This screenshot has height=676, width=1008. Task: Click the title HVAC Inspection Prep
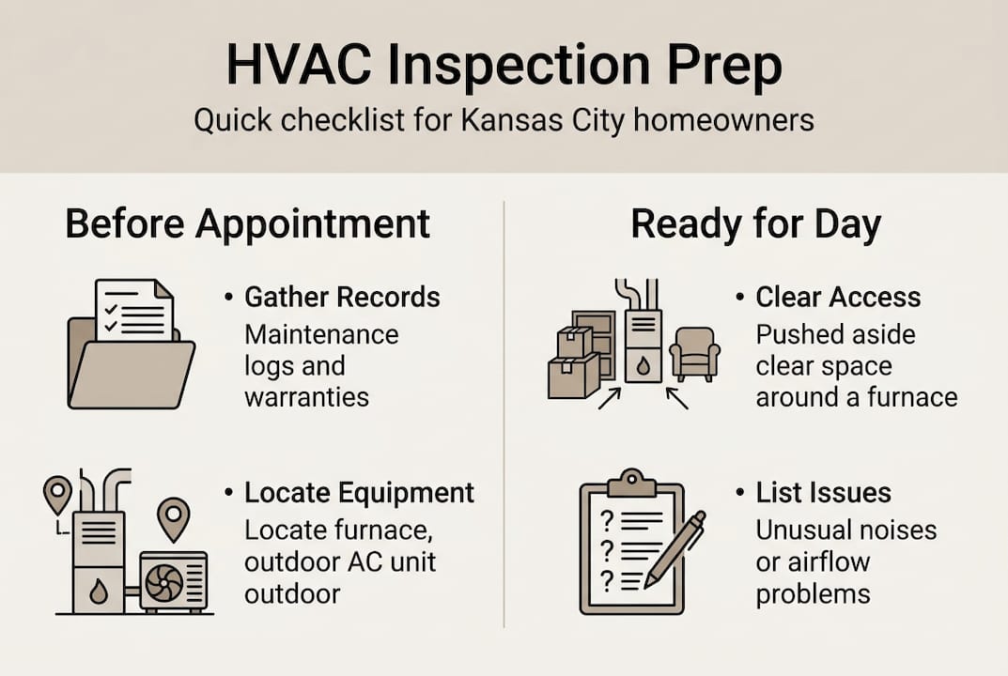point(504,69)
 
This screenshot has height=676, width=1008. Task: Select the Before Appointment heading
point(247,224)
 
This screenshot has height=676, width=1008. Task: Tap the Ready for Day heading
point(755,224)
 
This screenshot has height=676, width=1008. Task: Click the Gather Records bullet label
point(342,298)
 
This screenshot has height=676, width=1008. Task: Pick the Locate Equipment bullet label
point(359,493)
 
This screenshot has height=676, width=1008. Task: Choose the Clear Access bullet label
point(838,298)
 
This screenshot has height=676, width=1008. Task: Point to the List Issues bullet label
point(824,493)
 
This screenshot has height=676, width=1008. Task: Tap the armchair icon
point(696,352)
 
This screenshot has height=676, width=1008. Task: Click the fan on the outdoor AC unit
point(164,582)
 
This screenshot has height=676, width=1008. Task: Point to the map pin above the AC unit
point(174,515)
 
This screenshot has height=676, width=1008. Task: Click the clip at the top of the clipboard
point(631,482)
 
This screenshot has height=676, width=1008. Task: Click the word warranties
point(306,396)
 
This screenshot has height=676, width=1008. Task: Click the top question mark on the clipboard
point(607,517)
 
